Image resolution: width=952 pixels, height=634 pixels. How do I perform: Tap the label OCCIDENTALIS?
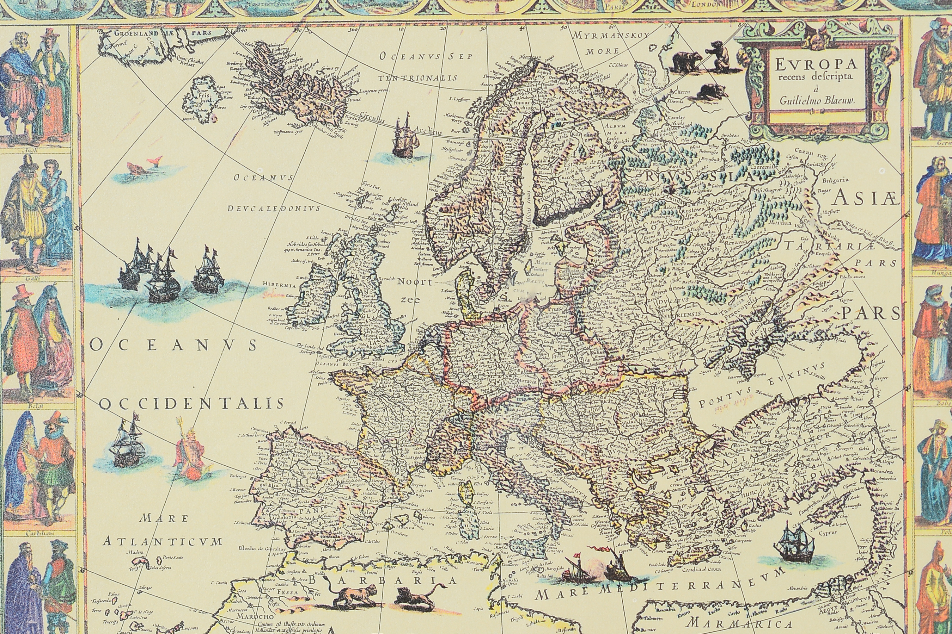191,404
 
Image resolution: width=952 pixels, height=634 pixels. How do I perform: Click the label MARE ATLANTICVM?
162,530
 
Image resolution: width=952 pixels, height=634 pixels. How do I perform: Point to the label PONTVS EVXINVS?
757,385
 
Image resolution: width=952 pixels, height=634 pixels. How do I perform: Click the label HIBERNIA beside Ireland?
276,284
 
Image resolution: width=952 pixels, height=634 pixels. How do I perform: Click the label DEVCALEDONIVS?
273,208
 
